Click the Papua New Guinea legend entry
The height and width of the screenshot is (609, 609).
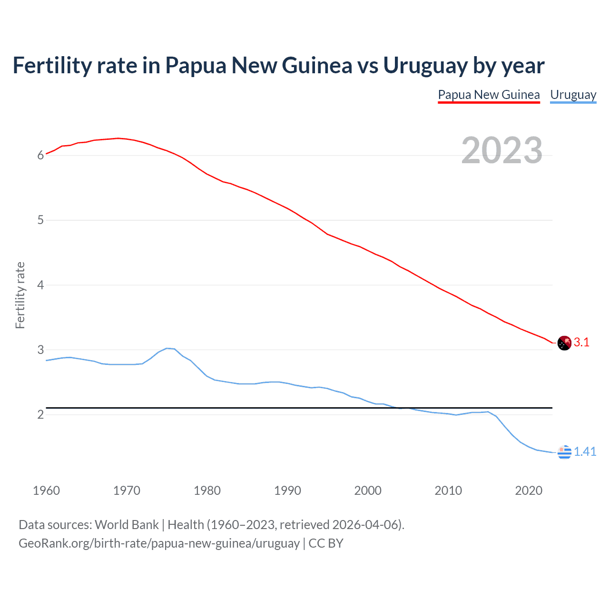coord(489,95)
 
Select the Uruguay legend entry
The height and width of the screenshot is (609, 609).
coord(573,95)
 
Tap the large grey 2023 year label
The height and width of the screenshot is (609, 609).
coord(502,150)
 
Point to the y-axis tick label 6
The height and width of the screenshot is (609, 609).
coord(41,155)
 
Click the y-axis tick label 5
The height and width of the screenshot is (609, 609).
coord(41,220)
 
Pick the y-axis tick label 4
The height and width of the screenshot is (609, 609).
coord(41,285)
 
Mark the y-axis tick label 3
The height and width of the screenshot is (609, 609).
coord(41,350)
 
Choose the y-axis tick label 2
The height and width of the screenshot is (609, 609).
coord(41,414)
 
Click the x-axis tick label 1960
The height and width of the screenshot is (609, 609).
coord(46,491)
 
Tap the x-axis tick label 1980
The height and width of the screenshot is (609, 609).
coord(207,491)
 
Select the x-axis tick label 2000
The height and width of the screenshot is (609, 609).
coord(368,491)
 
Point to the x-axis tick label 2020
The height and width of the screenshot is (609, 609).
coord(529,491)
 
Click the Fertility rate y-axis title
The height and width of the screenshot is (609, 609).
coord(20,295)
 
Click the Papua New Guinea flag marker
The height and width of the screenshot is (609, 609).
coord(564,343)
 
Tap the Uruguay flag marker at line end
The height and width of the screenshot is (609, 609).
coord(564,452)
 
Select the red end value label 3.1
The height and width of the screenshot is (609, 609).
coord(581,343)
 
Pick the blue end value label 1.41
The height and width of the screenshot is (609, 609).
coord(585,452)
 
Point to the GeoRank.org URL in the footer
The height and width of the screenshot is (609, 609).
coord(159,543)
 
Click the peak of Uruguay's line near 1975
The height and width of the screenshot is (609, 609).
coord(167,348)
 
